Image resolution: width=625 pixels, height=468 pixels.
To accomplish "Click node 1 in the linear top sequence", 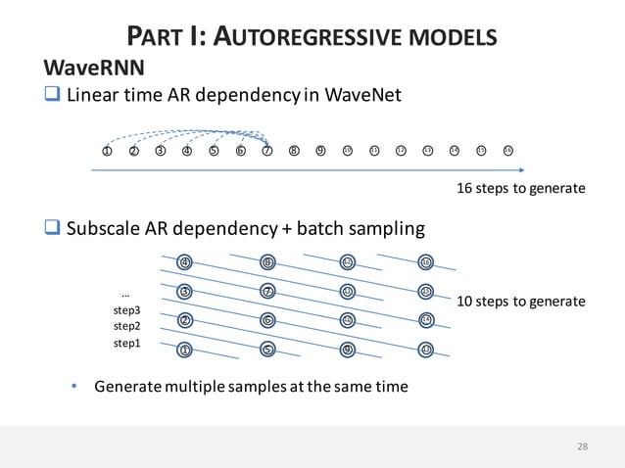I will pyautogui.click(x=107, y=151).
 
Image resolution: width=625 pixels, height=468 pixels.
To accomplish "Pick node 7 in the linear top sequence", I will pyautogui.click(x=266, y=151).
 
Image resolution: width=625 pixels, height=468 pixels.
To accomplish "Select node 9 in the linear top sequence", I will pyautogui.click(x=320, y=151).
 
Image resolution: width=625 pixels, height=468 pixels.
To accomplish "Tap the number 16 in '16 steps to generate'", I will pyautogui.click(x=466, y=188).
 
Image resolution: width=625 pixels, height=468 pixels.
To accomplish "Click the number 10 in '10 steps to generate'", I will pyautogui.click(x=466, y=302).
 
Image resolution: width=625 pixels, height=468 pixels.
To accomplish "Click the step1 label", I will pyautogui.click(x=127, y=344).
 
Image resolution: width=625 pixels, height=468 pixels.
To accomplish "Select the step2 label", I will pyautogui.click(x=127, y=326).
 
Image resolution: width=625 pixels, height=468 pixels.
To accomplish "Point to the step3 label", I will pyautogui.click(x=127, y=309).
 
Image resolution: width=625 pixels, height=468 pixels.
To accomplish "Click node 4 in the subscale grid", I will pyautogui.click(x=185, y=261).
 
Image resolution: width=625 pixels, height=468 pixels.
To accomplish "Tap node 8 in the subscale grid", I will pyautogui.click(x=266, y=261).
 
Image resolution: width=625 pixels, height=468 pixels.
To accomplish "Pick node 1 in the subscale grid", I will pyautogui.click(x=185, y=350).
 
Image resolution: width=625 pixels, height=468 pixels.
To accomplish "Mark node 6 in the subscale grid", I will pyautogui.click(x=266, y=320).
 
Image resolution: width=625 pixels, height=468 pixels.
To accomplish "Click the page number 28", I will pyautogui.click(x=583, y=446).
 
